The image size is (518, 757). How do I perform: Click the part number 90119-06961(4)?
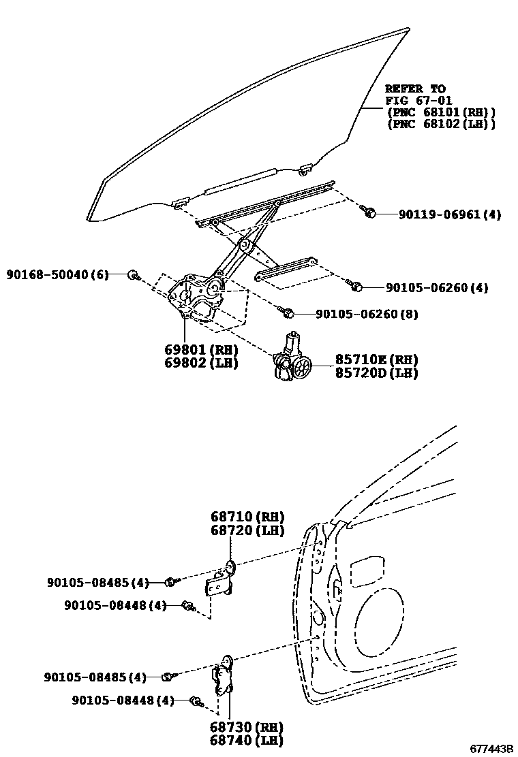[450, 214]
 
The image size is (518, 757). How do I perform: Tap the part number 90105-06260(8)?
[367, 314]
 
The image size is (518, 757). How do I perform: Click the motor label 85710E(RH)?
[376, 359]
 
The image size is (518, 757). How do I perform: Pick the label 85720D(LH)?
[376, 372]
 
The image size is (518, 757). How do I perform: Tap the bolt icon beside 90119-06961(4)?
[369, 213]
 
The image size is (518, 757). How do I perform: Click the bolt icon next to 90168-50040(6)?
[134, 275]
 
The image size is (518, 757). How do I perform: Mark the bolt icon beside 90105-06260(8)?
[287, 312]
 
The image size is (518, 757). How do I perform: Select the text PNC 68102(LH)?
[440, 125]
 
